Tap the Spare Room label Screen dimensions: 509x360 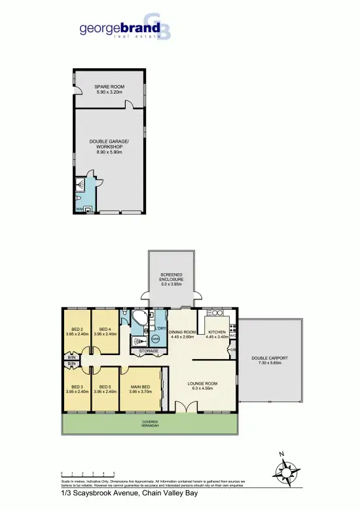pos(108,90)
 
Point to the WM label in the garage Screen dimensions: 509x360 pos(79,209)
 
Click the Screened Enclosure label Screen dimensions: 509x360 pos(171,278)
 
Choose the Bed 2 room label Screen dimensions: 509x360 pos(77,331)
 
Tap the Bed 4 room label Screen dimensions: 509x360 pos(105,331)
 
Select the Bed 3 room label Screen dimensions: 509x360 pos(77,389)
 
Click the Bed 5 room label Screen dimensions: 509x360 pos(105,389)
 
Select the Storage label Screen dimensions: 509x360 pos(149,351)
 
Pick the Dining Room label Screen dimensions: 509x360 pos(181,334)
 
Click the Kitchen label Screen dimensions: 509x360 pos(216,334)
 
